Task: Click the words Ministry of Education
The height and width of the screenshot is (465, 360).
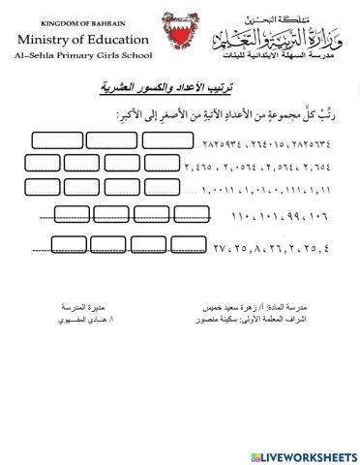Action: (x=84, y=41)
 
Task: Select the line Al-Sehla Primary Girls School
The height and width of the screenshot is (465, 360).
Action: (x=83, y=58)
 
